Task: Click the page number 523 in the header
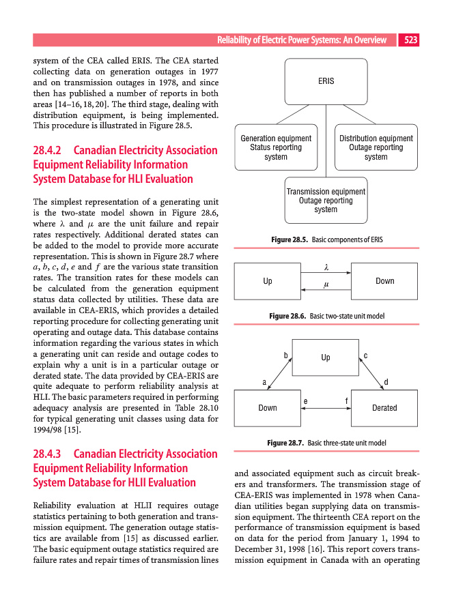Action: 410,40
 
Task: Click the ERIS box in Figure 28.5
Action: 326,81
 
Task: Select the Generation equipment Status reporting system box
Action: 276,147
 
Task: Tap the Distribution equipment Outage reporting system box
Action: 376,147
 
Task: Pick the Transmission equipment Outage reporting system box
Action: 326,201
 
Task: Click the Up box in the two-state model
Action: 268,281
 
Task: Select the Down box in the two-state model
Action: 384,281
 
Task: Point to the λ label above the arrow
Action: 326,267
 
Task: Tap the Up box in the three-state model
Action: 326,357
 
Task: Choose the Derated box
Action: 384,408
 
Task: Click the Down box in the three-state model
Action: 268,408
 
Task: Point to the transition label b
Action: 285,355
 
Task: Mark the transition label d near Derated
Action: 386,382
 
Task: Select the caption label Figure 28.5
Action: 290,240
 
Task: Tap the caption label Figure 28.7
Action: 286,443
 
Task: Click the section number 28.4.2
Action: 48,150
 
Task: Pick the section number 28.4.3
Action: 48,454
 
